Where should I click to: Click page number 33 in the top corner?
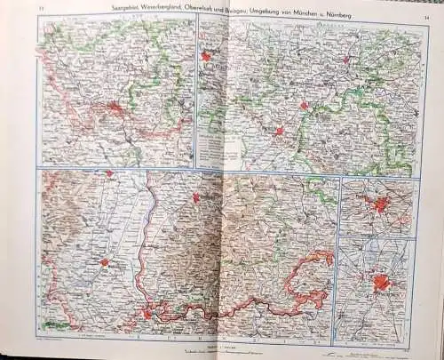tap(41, 8)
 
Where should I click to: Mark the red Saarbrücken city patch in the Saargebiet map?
tap(115, 110)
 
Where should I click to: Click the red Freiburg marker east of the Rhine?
tap(196, 197)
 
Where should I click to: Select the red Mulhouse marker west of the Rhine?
tap(104, 262)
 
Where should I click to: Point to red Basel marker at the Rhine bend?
tap(147, 313)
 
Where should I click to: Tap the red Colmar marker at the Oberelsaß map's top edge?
tap(108, 173)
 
